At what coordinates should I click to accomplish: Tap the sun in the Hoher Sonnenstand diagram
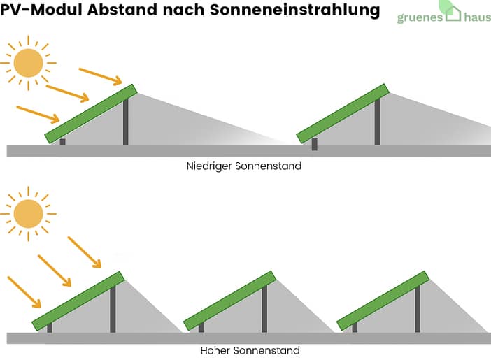pyautogui.click(x=29, y=213)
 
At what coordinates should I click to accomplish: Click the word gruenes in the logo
pyautogui.click(x=420, y=18)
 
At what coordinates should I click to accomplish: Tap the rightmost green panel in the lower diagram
pyautogui.click(x=383, y=301)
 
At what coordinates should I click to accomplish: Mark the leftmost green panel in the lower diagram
pyautogui.click(x=78, y=301)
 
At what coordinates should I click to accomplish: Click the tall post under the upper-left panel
pyautogui.click(x=126, y=122)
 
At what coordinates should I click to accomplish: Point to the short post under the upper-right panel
pyautogui.click(x=314, y=144)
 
